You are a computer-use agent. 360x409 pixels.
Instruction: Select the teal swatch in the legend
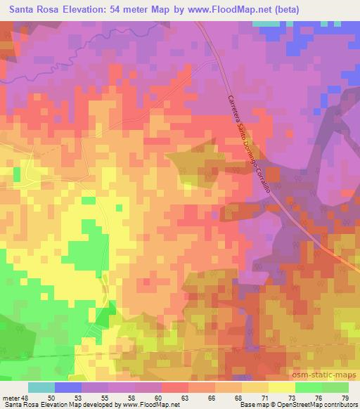pyautogui.click(x=41, y=388)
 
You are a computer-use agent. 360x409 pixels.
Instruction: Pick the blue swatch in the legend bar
pyautogui.click(x=67, y=388)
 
